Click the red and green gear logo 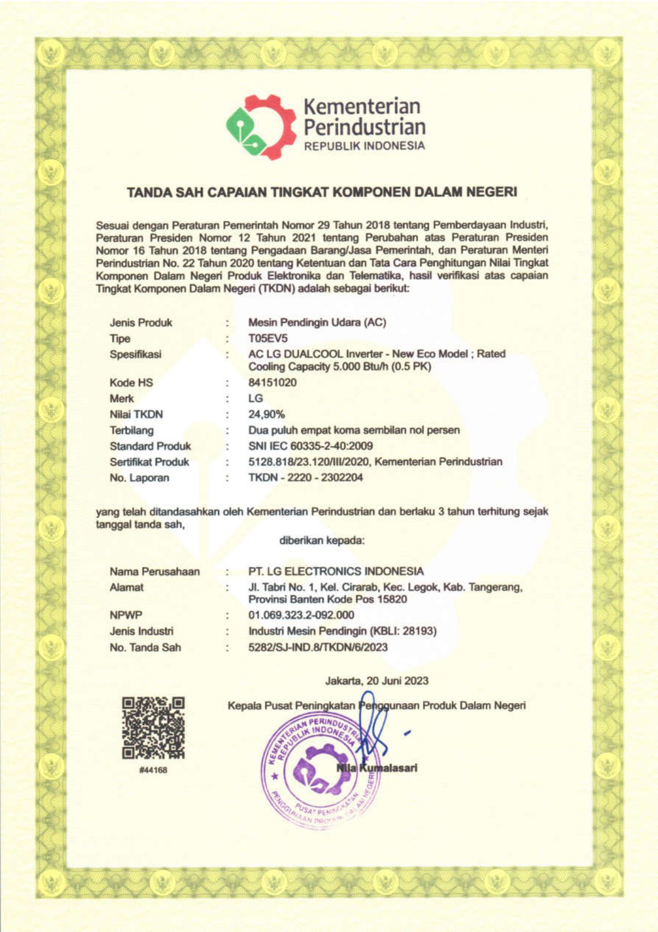tap(261, 126)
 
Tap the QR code tap(153, 727)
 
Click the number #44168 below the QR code tap(153, 770)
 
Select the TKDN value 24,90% tap(267, 414)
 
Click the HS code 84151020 tap(272, 382)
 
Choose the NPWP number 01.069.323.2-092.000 tap(301, 615)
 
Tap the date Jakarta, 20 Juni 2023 tap(377, 680)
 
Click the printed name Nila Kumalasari tap(377, 768)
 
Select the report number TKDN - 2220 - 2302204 tap(306, 478)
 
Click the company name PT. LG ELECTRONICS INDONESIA tap(336, 571)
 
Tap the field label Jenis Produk tap(141, 322)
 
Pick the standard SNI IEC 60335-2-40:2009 tap(310, 446)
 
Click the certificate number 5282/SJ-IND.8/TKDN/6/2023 tap(318, 647)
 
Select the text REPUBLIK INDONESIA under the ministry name tap(364, 146)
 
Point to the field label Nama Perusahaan tap(155, 571)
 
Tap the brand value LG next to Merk tap(255, 398)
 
